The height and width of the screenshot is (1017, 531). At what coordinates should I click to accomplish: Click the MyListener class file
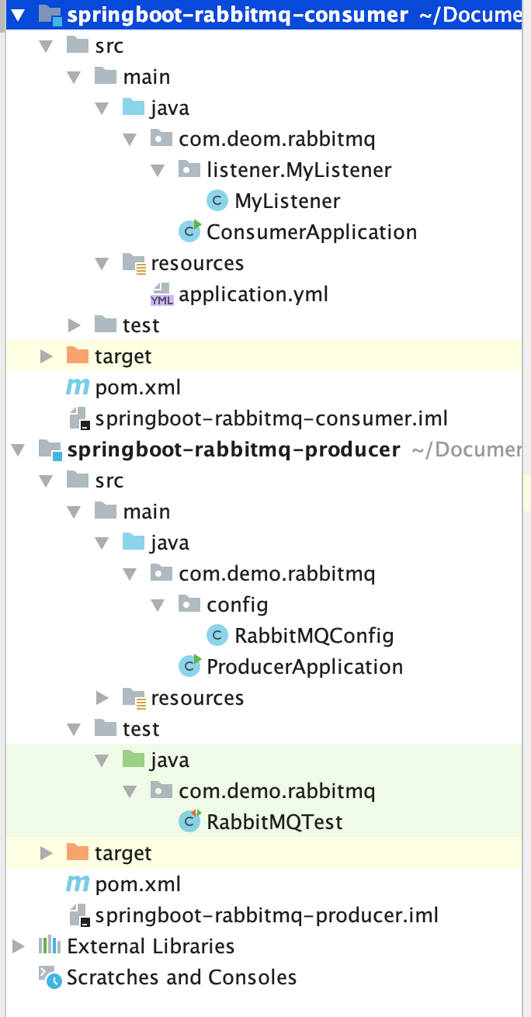pos(287,201)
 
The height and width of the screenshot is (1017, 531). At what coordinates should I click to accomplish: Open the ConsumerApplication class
pos(311,232)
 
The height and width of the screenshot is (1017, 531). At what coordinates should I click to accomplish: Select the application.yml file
pos(253,294)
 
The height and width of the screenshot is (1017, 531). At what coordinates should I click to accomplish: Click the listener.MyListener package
pos(299,170)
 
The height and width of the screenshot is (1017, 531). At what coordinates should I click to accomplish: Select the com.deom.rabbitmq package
pos(276,139)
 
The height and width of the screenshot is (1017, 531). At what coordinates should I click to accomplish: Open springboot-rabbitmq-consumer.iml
pos(271,418)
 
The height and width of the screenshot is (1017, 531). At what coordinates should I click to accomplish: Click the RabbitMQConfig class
pos(314,636)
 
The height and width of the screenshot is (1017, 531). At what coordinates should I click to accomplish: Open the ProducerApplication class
pos(304,667)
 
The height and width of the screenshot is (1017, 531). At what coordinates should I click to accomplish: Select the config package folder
pos(237,605)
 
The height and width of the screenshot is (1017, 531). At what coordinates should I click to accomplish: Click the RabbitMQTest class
pos(275,822)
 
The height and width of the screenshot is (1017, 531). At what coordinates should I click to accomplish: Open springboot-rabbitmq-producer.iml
pos(266,915)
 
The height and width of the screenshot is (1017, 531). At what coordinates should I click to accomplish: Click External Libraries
pos(151,946)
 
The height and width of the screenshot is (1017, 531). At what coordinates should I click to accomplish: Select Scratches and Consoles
pos(182,977)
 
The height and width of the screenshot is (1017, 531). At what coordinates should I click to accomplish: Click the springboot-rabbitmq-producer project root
pos(233,449)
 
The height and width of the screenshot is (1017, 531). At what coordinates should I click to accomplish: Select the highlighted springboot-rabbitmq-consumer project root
pos(237,14)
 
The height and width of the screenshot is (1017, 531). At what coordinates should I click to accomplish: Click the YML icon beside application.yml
pos(161,296)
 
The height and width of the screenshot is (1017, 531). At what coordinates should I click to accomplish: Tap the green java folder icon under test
pos(134,760)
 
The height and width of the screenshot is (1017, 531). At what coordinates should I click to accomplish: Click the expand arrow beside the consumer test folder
pos(75,325)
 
